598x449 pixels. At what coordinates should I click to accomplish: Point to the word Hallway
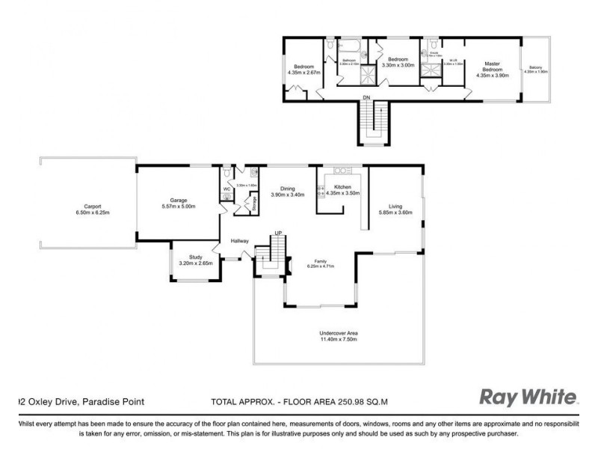[240, 240]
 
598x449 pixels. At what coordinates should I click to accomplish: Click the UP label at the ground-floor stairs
[278, 233]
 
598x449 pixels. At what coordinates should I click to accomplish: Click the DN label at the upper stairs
[366, 97]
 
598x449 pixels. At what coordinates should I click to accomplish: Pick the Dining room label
[288, 189]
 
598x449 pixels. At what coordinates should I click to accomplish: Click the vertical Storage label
[252, 202]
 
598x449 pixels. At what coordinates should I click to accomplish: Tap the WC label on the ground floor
[226, 189]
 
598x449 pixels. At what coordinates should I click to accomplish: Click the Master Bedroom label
[491, 67]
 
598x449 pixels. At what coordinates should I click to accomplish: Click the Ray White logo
[528, 396]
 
